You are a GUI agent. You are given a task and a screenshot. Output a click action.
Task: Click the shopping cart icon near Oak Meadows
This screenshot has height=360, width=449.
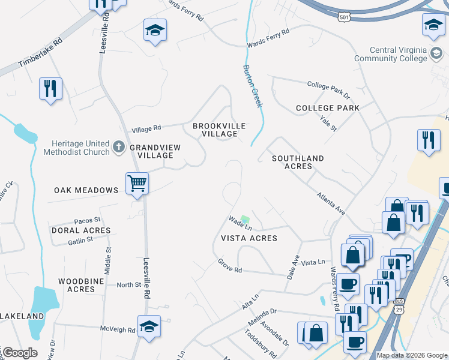[137, 183]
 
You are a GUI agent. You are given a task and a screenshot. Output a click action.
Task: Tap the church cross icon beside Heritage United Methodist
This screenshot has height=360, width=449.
[119, 146]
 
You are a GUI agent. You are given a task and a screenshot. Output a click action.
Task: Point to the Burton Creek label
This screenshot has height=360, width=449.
[253, 86]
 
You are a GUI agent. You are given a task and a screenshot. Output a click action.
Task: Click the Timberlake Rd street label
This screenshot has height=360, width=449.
[41, 54]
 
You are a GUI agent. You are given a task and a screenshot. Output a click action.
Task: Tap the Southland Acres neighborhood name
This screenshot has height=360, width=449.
[298, 162]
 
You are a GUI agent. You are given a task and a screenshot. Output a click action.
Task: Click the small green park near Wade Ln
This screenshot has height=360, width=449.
[244, 220]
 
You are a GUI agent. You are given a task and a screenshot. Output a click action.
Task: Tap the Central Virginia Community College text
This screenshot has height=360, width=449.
[391, 54]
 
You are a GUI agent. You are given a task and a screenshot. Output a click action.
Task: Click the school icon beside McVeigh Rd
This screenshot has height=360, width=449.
[149, 326]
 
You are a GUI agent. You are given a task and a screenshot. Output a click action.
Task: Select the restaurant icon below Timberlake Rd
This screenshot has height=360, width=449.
[50, 89]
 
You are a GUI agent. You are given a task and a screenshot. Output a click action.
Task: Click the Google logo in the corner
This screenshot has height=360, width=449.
[19, 353]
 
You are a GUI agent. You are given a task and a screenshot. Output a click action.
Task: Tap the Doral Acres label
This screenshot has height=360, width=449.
[81, 230]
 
